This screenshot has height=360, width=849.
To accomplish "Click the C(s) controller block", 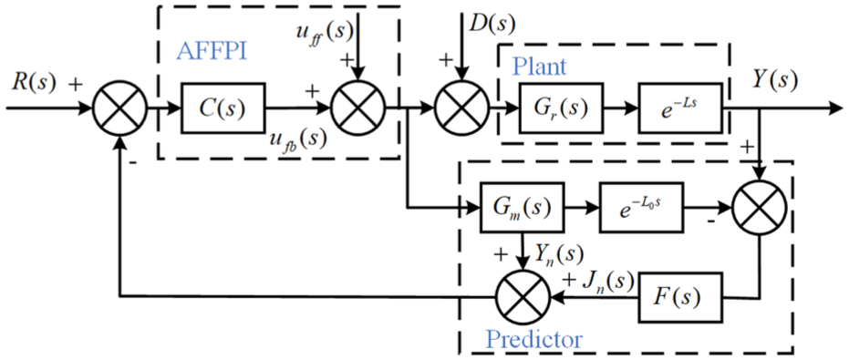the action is click(223, 108).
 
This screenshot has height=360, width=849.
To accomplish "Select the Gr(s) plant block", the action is click(561, 108).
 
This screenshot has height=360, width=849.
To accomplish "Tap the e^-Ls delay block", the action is click(680, 108).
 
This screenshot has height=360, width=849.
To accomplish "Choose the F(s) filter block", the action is click(680, 298).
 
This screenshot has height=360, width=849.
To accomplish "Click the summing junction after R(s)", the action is click(120, 108).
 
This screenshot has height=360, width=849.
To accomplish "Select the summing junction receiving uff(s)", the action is click(357, 108).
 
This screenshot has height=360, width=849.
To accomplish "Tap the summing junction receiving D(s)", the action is click(461, 108).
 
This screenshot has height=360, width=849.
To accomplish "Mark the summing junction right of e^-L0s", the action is click(759, 207).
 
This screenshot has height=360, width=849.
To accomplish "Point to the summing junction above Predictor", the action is click(522, 297).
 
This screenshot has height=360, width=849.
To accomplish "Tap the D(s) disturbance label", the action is click(491, 24).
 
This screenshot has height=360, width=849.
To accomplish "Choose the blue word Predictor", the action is click(534, 340).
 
